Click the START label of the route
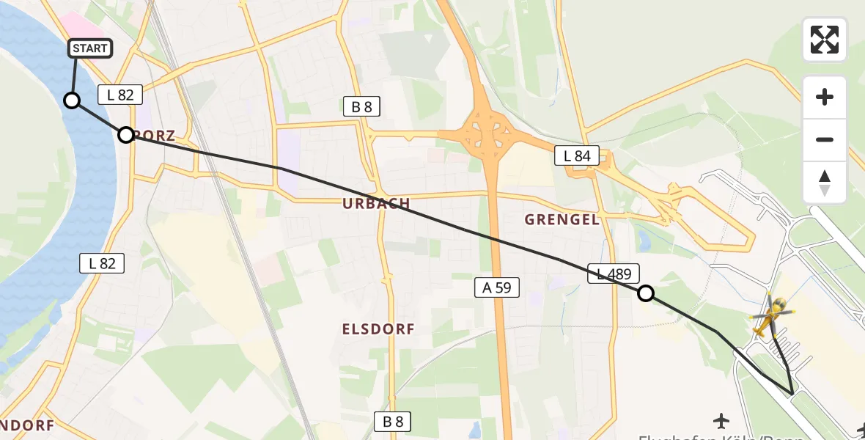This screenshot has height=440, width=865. pos(90,49)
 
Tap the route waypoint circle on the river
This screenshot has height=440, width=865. pos(72,100)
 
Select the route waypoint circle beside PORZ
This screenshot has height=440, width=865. pos(126,135)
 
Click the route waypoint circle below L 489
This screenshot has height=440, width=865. pos(646,293)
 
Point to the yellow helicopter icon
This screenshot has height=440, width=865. pos(770,317)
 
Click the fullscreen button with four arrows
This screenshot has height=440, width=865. pos(825,40)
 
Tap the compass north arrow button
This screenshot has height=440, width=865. pos(825,183)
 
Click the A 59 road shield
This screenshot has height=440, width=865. pos(496,288)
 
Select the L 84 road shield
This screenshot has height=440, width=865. pos(577,155)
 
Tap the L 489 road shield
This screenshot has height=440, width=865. pos(614,274)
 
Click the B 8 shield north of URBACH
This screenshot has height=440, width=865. pos(362,107)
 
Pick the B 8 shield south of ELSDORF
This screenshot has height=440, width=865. pos(393,422)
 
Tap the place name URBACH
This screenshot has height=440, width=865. pos(376,204)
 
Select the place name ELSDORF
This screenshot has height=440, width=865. pos(378,329)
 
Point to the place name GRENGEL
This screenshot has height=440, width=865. pos(562,219)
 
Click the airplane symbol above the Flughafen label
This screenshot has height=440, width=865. pos(722,420)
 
